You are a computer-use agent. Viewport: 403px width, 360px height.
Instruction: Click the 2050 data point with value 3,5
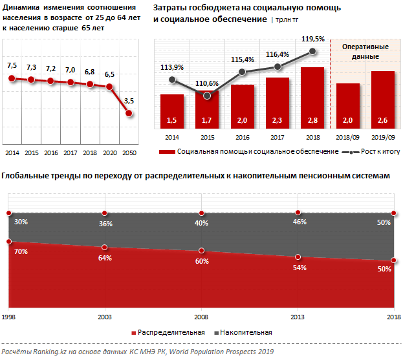pos(129,113)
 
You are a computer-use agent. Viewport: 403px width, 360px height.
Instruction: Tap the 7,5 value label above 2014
pos(12,66)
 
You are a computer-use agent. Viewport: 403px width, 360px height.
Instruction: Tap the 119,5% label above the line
pos(313,39)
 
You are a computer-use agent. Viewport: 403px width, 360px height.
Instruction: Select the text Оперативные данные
pos(365,52)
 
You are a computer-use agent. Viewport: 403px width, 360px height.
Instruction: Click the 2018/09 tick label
pos(347,138)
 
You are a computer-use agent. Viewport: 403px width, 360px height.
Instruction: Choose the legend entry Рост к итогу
pos(378,151)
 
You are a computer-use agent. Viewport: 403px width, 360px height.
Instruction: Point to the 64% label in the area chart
pos(105,258)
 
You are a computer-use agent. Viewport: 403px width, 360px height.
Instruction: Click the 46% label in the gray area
pos(300,222)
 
